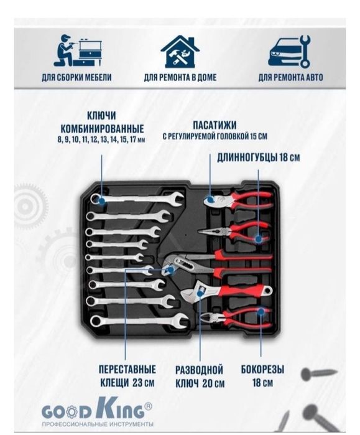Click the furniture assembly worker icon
pos(78,50)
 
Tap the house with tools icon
pos(180,51)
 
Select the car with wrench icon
pos(289,51)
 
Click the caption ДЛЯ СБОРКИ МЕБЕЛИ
pos(76,77)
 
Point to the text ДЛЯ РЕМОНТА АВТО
pos(291,77)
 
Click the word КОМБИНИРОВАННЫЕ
pos(102,129)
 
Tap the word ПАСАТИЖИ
pos(215,125)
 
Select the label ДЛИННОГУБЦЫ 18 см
pos(258,157)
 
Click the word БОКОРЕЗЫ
pos(262,370)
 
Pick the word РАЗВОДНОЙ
pos(199,370)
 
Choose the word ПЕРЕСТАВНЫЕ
pos(127,370)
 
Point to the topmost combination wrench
pos(137,199)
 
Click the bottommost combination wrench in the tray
pos(139,321)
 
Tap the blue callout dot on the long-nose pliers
pos(258,239)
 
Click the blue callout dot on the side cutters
pos(261,312)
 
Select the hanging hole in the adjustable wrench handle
pos(268,291)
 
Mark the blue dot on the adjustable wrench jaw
pos(200,292)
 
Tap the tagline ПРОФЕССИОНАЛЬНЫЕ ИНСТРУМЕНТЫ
pos(98,424)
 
